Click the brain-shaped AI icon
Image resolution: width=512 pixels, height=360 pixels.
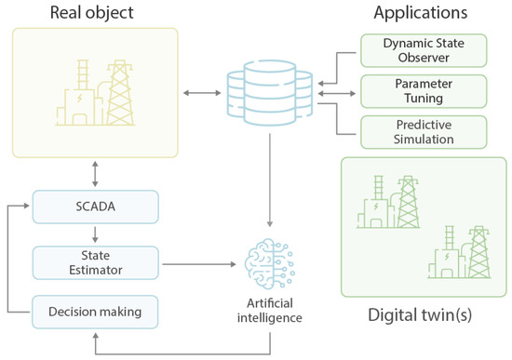tap(269, 262)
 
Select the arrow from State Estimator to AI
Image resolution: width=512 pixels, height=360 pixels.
tap(195, 266)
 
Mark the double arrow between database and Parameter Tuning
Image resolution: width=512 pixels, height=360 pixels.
tap(337, 91)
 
